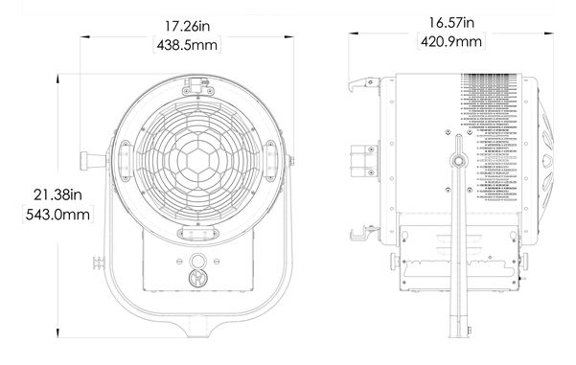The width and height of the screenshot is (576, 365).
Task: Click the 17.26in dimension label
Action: click(187, 26)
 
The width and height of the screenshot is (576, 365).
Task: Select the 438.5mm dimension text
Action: click(187, 45)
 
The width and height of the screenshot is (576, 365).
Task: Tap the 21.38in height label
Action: click(58, 194)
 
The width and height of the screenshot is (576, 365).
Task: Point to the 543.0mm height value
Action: click(58, 215)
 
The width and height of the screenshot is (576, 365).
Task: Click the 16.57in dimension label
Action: click(451, 22)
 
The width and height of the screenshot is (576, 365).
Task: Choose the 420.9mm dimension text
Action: click(451, 41)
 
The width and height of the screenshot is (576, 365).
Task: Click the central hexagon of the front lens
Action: click(198, 161)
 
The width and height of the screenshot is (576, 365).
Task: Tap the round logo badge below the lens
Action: click(198, 278)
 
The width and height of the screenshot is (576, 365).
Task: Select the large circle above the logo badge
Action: click(198, 262)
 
